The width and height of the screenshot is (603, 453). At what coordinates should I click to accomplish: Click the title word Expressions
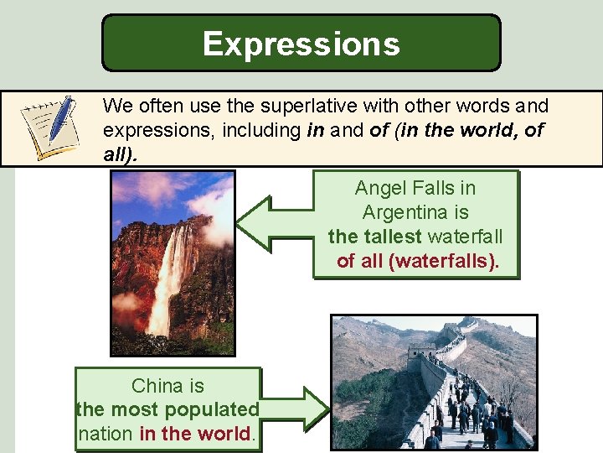point(301,43)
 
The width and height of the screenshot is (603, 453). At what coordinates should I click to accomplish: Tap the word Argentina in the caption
point(415,212)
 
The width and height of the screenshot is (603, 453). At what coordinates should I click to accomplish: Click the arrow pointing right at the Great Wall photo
point(297,409)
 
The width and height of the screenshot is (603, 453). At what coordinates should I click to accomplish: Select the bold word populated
point(213,409)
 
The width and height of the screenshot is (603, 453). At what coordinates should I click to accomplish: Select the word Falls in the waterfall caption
point(428,188)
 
